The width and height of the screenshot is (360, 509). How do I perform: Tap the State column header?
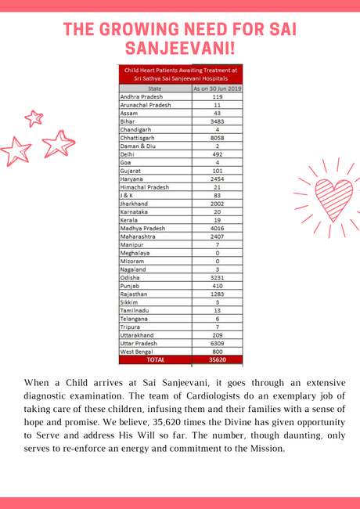[x=154, y=88]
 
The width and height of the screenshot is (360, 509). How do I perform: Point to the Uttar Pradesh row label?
[x=143, y=342]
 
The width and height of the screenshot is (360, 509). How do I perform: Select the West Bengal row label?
[x=140, y=351]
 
